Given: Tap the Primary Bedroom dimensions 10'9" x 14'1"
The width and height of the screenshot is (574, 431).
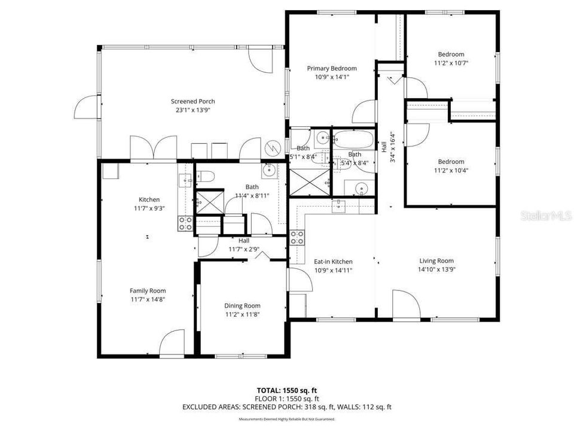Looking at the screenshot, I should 332,76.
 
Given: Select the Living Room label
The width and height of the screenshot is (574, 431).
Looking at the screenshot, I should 436,260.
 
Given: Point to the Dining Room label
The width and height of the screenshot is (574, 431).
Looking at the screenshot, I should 242,305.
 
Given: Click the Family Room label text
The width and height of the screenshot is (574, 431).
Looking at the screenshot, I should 148,290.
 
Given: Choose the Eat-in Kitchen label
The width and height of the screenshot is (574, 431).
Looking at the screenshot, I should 333,261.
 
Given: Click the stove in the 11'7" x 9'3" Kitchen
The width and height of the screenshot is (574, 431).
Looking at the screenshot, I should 185,223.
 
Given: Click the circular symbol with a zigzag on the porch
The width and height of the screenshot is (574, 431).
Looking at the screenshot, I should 272,146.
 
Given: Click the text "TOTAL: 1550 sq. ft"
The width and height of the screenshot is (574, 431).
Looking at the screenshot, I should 287,390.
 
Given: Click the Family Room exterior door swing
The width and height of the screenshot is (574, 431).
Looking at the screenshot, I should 172,342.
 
